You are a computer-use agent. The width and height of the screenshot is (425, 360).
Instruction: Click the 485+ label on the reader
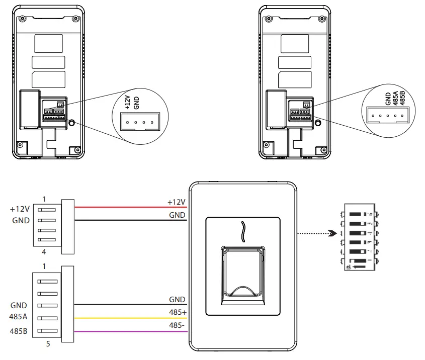pos(178,313)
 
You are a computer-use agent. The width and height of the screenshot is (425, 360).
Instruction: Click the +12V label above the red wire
pos(177,202)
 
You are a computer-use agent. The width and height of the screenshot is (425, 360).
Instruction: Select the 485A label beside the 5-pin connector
pos(19,318)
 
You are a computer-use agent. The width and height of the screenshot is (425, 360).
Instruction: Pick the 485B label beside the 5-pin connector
pos(19,331)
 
